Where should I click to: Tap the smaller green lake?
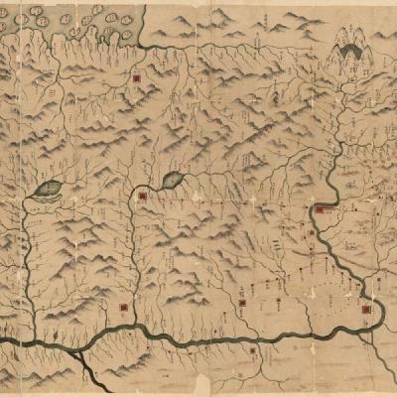(172, 180)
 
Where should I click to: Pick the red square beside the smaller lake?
(143, 197)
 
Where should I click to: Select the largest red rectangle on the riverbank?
(322, 209)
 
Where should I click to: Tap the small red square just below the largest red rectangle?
(312, 234)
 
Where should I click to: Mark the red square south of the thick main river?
(254, 351)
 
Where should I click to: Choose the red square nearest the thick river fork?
(122, 309)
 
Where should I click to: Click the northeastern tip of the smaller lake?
(182, 173)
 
